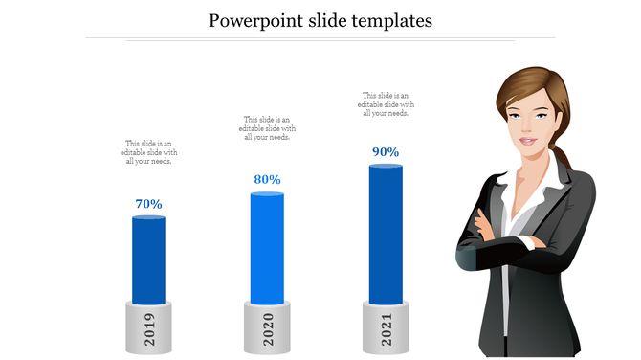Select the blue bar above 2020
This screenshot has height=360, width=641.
point(267,248)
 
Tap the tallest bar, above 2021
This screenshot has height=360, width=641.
point(386,234)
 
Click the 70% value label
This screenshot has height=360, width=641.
point(148,203)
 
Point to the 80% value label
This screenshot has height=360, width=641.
point(267,179)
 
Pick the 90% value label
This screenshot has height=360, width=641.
point(386,151)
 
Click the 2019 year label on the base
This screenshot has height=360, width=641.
point(148,328)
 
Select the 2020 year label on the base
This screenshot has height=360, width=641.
point(267,328)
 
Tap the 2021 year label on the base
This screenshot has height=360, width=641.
point(386,328)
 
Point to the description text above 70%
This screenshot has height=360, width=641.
point(148,151)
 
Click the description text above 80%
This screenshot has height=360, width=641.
point(267,128)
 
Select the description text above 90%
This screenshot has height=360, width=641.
point(386,103)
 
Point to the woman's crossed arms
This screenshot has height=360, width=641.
point(507,245)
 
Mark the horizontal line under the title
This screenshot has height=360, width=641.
point(320,38)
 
